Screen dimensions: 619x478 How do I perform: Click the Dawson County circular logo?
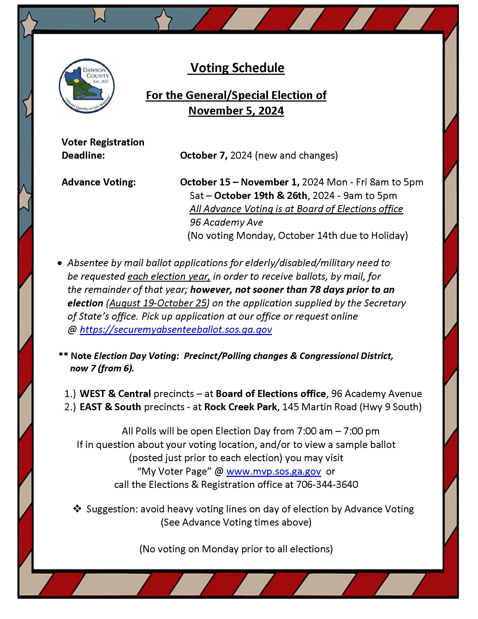(x=86, y=86)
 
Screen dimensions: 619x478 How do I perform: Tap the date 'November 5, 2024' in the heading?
(x=236, y=111)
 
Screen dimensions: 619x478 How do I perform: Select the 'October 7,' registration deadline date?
(x=204, y=155)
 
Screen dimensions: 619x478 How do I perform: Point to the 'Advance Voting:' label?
(x=98, y=182)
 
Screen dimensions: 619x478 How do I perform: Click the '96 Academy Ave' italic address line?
(x=226, y=222)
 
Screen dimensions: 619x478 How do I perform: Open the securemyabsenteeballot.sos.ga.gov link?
(x=175, y=329)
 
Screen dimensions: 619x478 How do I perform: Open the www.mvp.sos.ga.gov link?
(x=273, y=471)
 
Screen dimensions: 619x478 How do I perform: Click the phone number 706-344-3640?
(x=327, y=485)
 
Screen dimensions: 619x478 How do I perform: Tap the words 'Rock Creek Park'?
(x=240, y=407)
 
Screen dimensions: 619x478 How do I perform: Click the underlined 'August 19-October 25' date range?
(x=158, y=303)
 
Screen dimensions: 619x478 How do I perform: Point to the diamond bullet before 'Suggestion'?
(x=77, y=509)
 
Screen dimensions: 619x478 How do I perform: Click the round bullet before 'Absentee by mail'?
(x=59, y=263)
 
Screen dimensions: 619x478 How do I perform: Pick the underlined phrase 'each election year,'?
(x=169, y=276)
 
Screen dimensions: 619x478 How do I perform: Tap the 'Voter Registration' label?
(x=103, y=142)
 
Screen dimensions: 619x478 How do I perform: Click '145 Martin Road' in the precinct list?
(x=319, y=407)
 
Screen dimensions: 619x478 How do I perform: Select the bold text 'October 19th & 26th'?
(x=261, y=196)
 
